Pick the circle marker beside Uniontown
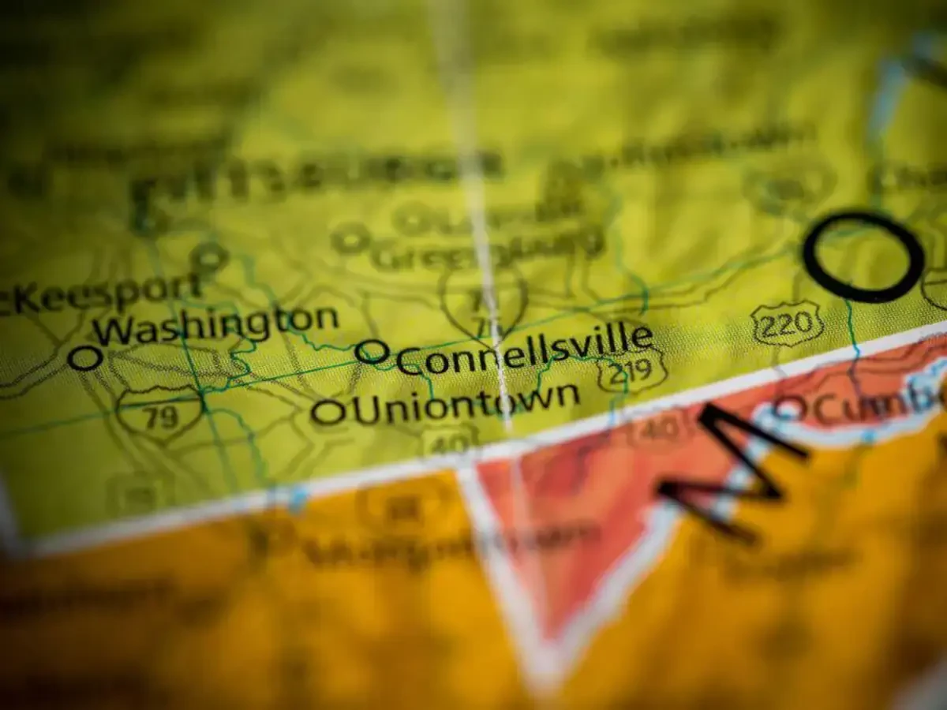pyautogui.click(x=328, y=411)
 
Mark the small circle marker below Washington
pyautogui.click(x=84, y=357)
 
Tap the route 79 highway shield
pyautogui.click(x=160, y=414)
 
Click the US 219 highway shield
pyautogui.click(x=632, y=371)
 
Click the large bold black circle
pyautogui.click(x=863, y=256)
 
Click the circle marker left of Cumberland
pyautogui.click(x=788, y=409)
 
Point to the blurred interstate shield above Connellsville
pyautogui.click(x=485, y=301)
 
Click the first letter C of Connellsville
pyautogui.click(x=410, y=361)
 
